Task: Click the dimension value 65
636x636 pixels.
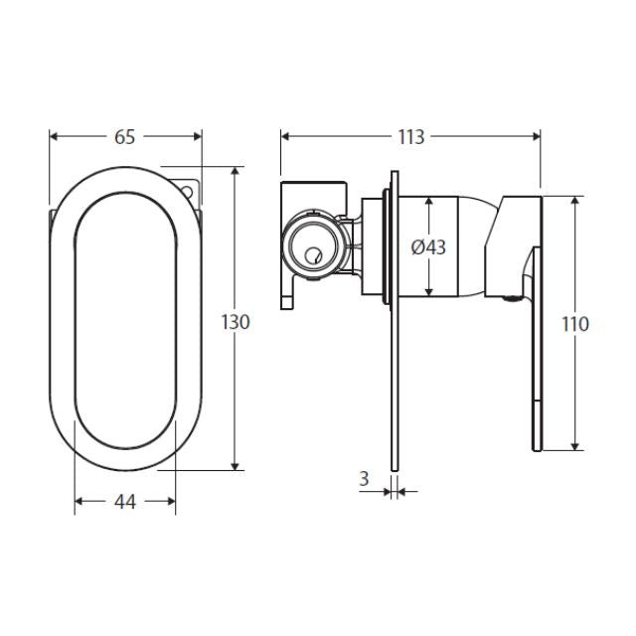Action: click(124, 137)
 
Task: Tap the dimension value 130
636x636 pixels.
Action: click(236, 321)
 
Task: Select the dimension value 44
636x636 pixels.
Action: click(124, 502)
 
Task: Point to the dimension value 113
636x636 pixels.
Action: click(410, 137)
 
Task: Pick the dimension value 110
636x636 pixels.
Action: click(574, 323)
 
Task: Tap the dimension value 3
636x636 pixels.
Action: click(364, 478)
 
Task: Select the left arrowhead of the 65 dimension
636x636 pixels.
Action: click(54, 137)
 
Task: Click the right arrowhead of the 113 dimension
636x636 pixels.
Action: click(537, 137)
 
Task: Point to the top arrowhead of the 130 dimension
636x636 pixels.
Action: click(236, 172)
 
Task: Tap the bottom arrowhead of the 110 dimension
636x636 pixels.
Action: click(574, 444)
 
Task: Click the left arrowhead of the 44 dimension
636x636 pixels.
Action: click(80, 502)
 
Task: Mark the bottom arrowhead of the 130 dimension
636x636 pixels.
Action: click(236, 464)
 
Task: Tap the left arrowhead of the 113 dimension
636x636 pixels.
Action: click(286, 137)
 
